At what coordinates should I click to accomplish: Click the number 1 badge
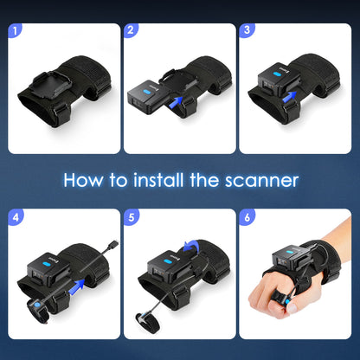pos(14,31)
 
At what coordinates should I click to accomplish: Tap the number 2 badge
pos(131,31)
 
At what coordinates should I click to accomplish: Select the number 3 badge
pos(248,31)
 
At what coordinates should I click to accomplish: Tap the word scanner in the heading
pos(260,181)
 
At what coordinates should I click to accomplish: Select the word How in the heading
pos(85,180)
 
